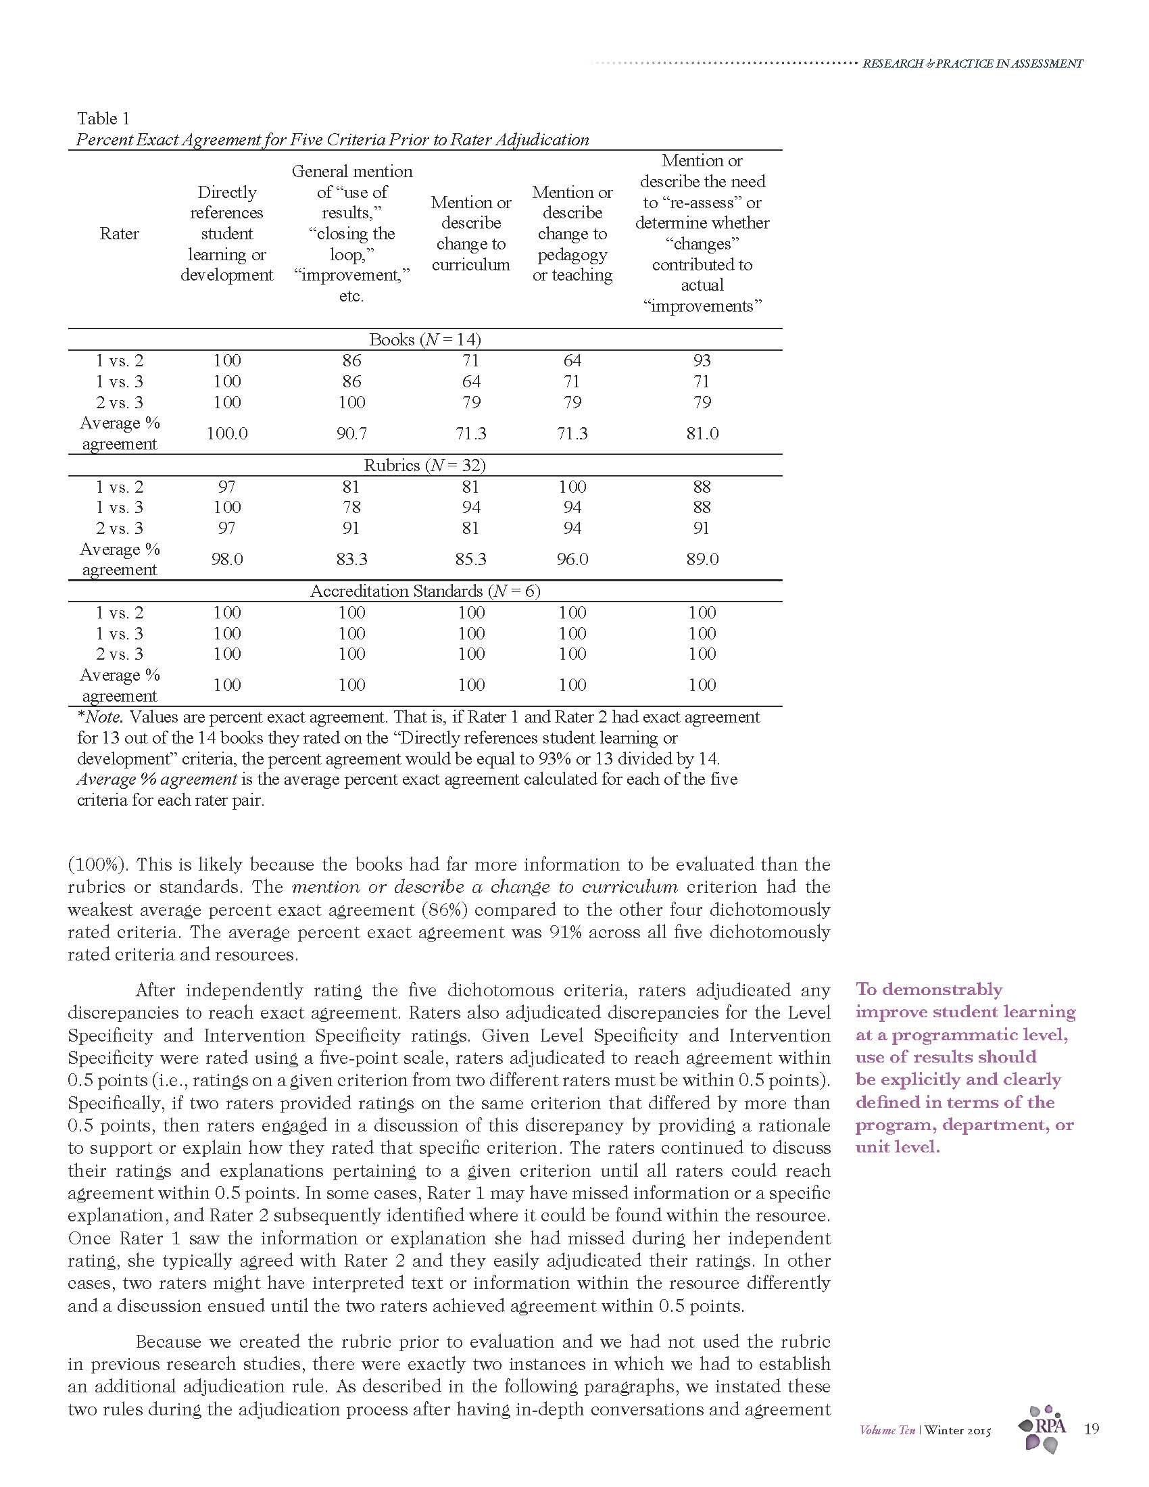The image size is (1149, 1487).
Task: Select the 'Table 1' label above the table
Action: click(103, 118)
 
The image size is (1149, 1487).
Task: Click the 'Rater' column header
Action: click(119, 234)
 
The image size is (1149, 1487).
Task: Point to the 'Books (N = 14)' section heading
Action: click(424, 339)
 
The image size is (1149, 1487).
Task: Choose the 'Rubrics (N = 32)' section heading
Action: click(424, 465)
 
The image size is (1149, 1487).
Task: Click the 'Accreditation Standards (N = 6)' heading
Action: click(424, 591)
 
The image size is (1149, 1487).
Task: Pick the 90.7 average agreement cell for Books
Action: click(351, 434)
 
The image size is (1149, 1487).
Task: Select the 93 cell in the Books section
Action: click(702, 360)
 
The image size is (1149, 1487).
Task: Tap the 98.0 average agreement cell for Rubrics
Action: click(226, 559)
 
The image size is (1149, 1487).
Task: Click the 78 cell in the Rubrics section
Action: click(351, 507)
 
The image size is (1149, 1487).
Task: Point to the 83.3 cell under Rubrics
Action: click(351, 559)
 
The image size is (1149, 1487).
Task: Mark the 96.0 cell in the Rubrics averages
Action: click(572, 559)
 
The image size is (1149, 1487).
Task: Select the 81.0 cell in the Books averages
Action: click(702, 434)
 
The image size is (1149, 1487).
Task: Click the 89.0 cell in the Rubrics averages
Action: click(702, 559)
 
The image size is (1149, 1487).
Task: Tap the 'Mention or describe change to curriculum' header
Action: click(470, 234)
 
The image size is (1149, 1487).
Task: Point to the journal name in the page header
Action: click(972, 64)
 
